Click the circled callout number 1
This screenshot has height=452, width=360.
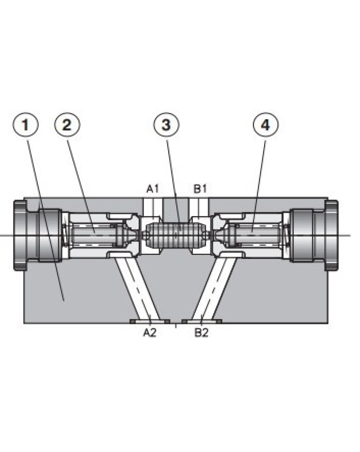(25, 125)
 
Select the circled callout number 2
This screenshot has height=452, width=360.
(67, 125)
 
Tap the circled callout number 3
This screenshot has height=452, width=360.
(166, 125)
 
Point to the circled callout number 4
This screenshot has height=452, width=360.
(265, 125)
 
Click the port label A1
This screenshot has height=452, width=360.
(153, 189)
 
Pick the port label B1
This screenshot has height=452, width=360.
(200, 189)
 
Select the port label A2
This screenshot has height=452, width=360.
(150, 333)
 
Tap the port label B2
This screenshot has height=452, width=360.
(201, 333)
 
